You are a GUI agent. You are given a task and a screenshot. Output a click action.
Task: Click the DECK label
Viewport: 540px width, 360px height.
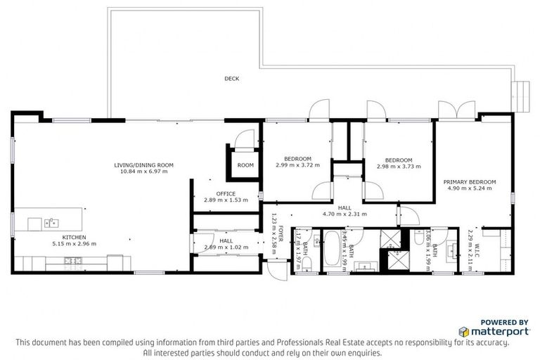[x=231, y=79]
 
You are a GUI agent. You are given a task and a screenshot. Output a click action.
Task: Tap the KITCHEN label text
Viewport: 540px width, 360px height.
[x=74, y=238]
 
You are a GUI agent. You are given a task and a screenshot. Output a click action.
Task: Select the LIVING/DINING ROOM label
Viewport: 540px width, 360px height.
[x=143, y=165]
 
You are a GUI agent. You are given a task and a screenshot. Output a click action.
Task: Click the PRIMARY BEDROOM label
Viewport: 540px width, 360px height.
[x=469, y=182]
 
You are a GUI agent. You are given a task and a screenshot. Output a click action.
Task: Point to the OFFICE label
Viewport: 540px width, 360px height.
[x=226, y=193]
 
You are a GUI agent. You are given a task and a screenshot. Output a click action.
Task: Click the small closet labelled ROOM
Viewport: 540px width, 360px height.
[x=245, y=165]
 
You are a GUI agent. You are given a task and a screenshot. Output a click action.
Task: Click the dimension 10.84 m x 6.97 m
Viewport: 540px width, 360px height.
[x=143, y=172]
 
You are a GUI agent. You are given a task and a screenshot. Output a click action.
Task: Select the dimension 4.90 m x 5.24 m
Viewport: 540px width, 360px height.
[x=469, y=188]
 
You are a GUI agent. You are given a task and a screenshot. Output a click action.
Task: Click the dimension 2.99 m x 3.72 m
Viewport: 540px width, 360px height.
[x=297, y=166]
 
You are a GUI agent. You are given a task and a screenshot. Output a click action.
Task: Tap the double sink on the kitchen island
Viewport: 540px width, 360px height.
[x=51, y=224]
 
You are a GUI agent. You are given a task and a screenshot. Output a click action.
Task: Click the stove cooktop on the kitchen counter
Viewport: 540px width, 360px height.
[x=72, y=262]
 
